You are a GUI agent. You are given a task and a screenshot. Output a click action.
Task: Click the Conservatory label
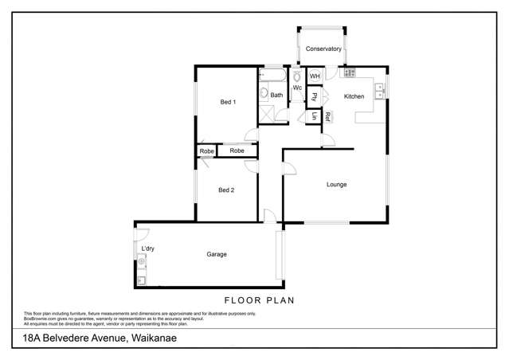[323, 49]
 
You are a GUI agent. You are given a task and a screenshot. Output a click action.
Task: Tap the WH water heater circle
[314, 76]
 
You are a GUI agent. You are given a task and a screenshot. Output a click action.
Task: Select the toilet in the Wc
[296, 77]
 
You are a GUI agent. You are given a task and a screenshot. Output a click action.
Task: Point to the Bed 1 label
[228, 102]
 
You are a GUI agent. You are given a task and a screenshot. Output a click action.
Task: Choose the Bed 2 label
[226, 190]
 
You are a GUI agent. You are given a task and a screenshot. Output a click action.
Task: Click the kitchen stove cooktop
[349, 73]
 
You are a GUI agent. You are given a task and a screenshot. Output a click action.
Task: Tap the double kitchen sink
[380, 89]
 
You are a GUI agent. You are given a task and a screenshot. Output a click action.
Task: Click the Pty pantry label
[315, 97]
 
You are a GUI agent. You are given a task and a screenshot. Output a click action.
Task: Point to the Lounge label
[336, 184]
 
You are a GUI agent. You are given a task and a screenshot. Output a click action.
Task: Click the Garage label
[217, 254]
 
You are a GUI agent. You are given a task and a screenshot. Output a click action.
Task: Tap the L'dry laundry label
[147, 249]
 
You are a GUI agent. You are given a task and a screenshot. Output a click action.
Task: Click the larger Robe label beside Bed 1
[237, 151]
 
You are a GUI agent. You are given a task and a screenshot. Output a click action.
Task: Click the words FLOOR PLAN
[259, 300]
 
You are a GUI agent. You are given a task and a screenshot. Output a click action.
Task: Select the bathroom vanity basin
[264, 93]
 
